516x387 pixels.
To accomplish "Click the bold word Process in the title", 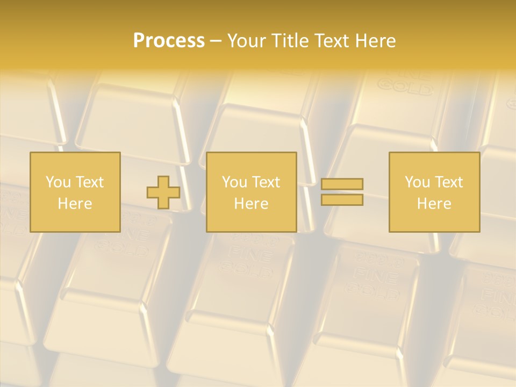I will (169, 41).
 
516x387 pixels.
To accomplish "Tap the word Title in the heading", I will (290, 41).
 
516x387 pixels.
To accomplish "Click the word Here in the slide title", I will (376, 41).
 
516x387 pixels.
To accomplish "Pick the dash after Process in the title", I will (216, 41).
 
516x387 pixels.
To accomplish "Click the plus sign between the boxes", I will (163, 192).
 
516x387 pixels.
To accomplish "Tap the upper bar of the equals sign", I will (342, 184).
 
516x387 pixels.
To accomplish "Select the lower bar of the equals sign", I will (342, 199).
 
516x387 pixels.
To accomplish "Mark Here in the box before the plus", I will (75, 204).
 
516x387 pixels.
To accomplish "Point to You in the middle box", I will (234, 182).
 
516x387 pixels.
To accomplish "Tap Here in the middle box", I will (251, 204).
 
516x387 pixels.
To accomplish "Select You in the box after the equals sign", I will (417, 182).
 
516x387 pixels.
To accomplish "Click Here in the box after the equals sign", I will (434, 204).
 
